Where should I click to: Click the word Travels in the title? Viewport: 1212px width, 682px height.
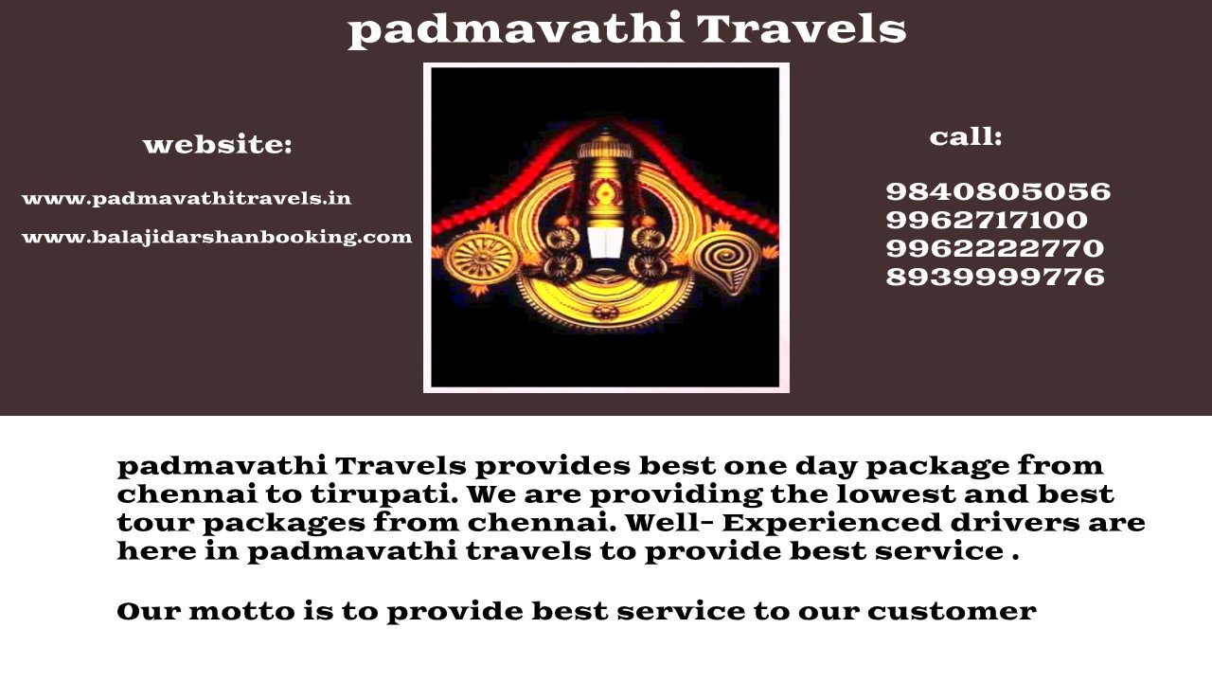pos(802,29)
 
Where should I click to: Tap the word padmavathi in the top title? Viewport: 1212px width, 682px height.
pos(515,29)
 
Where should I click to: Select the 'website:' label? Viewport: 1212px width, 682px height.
pos(218,146)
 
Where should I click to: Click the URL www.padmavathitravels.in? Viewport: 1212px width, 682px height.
pos(187,199)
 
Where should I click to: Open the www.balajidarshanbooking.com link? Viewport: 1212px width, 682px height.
pos(217,237)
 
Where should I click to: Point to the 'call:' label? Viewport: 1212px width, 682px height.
pos(965,137)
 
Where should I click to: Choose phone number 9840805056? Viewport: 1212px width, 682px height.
pos(998,192)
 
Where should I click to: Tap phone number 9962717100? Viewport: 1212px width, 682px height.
pos(987,221)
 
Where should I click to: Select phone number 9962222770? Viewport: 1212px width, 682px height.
pos(994,249)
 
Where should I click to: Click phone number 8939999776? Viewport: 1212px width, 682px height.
pos(995,278)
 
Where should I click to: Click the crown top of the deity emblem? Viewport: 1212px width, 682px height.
pos(603,144)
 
